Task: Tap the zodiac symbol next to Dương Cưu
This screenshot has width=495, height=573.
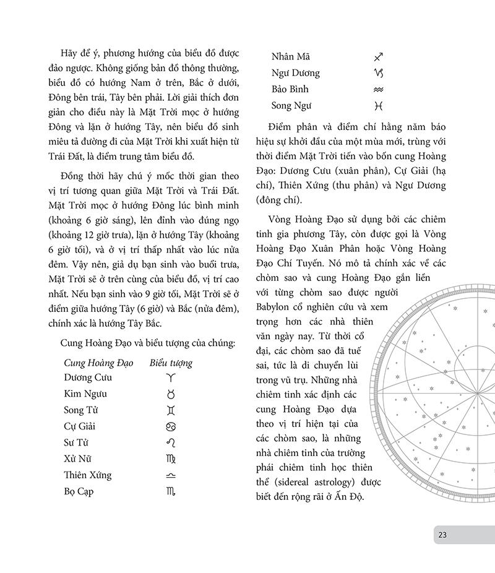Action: coord(171,377)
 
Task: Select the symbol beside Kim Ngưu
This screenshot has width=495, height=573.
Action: coord(171,394)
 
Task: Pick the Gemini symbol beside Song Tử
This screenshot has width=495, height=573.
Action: coord(171,410)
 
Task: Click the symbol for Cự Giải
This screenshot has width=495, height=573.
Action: coord(171,426)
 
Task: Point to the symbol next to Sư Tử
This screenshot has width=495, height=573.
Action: coord(171,442)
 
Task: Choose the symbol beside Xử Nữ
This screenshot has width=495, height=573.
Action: coord(171,459)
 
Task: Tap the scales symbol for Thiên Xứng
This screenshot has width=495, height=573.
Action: coord(171,475)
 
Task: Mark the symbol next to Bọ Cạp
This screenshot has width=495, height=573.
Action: coord(171,492)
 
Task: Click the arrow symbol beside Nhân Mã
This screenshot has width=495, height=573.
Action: coord(379,57)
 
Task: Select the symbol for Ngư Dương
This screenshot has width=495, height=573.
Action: coord(379,73)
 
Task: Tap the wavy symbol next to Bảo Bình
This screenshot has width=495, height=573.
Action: coord(379,90)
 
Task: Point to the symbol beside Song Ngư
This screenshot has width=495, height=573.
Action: coord(379,106)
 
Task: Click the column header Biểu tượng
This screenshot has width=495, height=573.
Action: coord(171,363)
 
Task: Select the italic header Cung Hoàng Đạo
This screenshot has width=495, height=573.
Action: coord(95,363)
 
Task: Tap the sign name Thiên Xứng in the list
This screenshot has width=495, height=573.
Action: coord(88,475)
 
